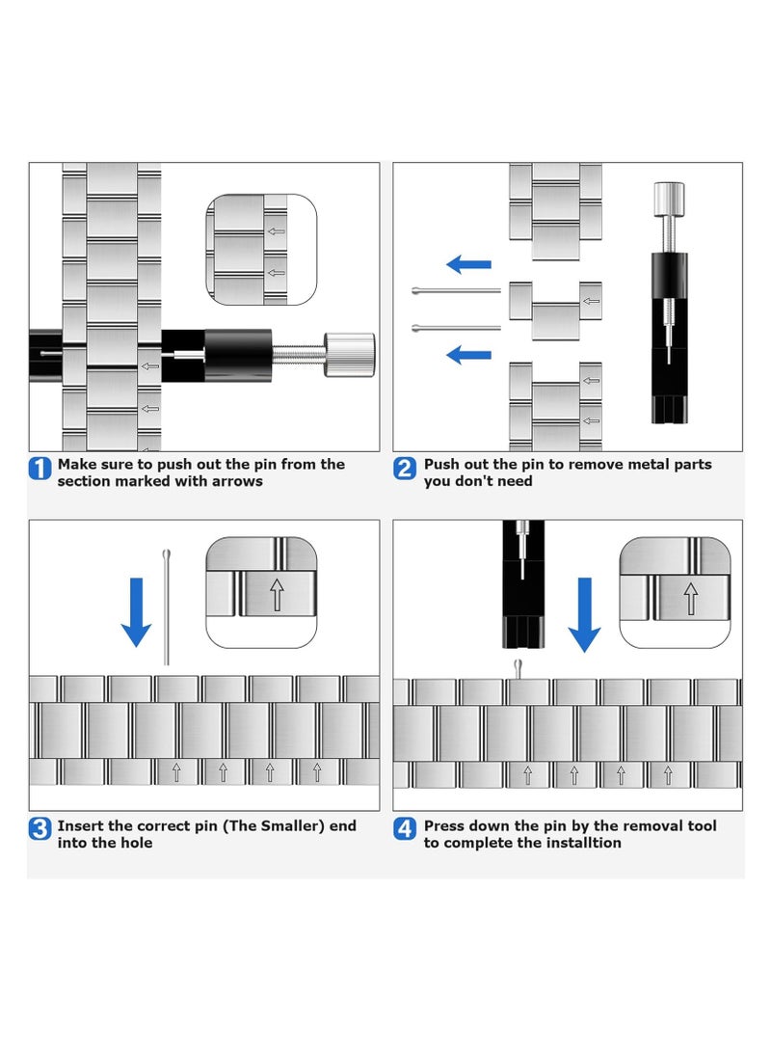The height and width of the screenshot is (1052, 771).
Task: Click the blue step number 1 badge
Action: click(40, 470)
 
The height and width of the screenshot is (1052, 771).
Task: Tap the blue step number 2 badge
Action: click(406, 470)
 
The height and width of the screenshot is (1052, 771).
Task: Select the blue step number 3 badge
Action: click(40, 829)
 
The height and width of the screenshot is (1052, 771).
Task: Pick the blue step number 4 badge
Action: click(406, 829)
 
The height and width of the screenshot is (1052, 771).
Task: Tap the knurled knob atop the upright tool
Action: click(669, 201)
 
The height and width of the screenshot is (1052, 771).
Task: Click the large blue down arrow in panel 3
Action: click(137, 611)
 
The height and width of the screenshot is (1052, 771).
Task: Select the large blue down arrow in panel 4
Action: click(584, 613)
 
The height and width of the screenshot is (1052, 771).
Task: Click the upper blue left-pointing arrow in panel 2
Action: click(469, 264)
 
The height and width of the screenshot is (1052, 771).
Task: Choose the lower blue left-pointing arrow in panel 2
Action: click(469, 355)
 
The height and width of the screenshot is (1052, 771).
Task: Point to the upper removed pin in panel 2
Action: click(455, 290)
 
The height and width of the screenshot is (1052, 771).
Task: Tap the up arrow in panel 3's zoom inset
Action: click(277, 595)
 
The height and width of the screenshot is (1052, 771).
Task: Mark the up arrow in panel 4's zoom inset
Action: click(690, 597)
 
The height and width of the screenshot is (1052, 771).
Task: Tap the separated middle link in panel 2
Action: click(555, 310)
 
